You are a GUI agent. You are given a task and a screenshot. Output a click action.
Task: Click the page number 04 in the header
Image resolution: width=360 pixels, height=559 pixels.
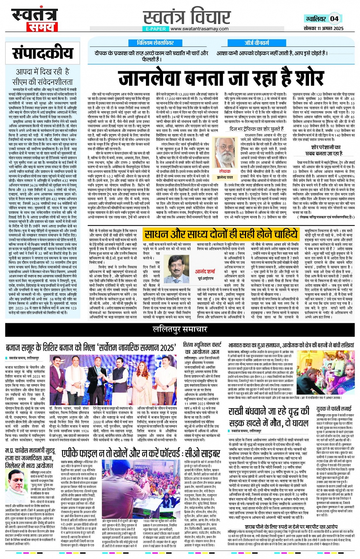[x=334, y=19]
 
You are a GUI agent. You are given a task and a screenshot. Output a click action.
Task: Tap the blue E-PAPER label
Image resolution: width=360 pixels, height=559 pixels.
[x=155, y=29]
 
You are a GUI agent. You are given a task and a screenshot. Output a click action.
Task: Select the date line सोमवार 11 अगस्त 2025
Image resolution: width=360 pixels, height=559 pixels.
[x=323, y=29]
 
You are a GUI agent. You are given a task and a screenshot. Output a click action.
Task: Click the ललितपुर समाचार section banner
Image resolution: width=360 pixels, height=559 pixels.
[x=180, y=329]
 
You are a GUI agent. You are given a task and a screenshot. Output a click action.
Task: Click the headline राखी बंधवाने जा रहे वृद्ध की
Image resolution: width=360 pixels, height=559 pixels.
[x=269, y=412]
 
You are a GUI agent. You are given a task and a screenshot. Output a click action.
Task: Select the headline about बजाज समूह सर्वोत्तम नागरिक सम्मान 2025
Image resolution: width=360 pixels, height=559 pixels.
[x=90, y=348]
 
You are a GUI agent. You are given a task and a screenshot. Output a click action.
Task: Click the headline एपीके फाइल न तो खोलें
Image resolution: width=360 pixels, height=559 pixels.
[x=141, y=454]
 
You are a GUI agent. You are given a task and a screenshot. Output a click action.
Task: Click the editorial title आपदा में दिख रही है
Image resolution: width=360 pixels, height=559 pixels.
[x=42, y=71]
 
